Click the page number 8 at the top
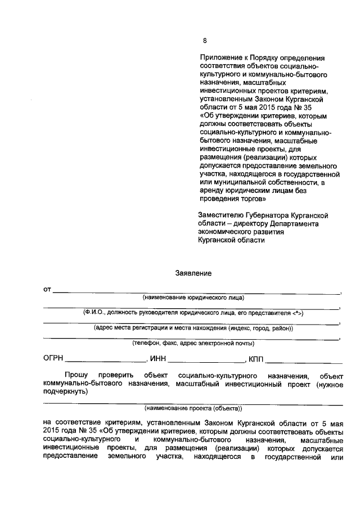pos(205,40)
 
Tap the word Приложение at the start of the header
pos(220,58)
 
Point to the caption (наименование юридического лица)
pos(193,297)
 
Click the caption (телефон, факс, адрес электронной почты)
pos(193,343)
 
